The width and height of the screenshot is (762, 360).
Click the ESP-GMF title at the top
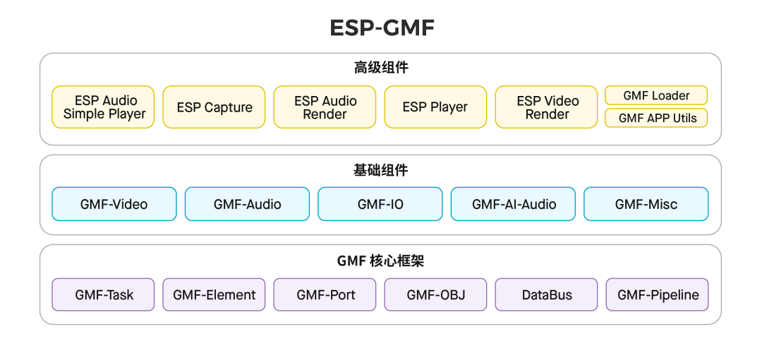tap(382, 28)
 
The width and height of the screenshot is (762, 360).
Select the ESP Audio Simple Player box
tap(103, 107)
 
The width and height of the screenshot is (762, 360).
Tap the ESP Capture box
tap(214, 107)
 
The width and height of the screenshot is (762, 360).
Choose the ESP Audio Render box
tap(325, 107)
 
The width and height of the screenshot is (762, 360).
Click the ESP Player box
tap(435, 107)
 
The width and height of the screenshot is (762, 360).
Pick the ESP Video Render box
tap(546, 107)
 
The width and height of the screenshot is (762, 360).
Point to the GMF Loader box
tap(656, 95)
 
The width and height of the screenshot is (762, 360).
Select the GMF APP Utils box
tap(656, 118)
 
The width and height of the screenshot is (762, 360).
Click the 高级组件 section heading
tap(381, 68)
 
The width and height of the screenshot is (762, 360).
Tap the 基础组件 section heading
tap(381, 170)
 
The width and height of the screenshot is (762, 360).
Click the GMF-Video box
tap(114, 204)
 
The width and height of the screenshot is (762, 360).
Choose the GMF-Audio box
tap(248, 204)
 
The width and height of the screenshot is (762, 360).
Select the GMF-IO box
tap(380, 204)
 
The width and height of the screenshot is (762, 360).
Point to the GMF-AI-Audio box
tap(513, 204)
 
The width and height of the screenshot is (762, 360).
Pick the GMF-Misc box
tap(646, 204)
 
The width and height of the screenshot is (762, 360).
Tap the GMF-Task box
tap(103, 294)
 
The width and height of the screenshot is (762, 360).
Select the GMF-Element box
tap(214, 294)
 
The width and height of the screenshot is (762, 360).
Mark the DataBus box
tap(546, 294)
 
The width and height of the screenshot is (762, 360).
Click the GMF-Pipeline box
tap(657, 294)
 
